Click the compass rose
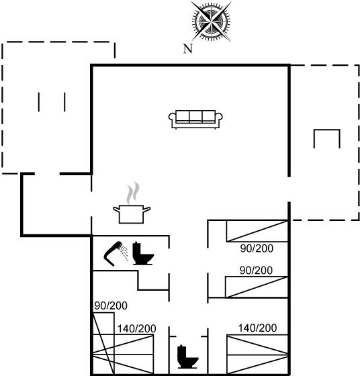click(x=211, y=21)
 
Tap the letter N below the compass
click(x=188, y=48)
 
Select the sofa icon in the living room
click(x=195, y=120)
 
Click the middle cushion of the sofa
click(x=195, y=117)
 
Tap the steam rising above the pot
click(x=133, y=193)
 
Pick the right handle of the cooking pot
click(x=147, y=209)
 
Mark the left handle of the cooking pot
click(x=117, y=209)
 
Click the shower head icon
click(x=116, y=253)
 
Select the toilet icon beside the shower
click(x=143, y=253)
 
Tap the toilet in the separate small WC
click(x=187, y=357)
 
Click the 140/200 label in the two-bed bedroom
click(x=137, y=328)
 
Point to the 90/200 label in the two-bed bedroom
click(x=111, y=305)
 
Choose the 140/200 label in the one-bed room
click(x=257, y=328)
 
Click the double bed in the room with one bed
click(x=257, y=355)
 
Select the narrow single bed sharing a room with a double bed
click(x=103, y=343)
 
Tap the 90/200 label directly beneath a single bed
click(x=257, y=248)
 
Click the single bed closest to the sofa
click(x=257, y=231)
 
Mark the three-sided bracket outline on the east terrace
click(x=327, y=130)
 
